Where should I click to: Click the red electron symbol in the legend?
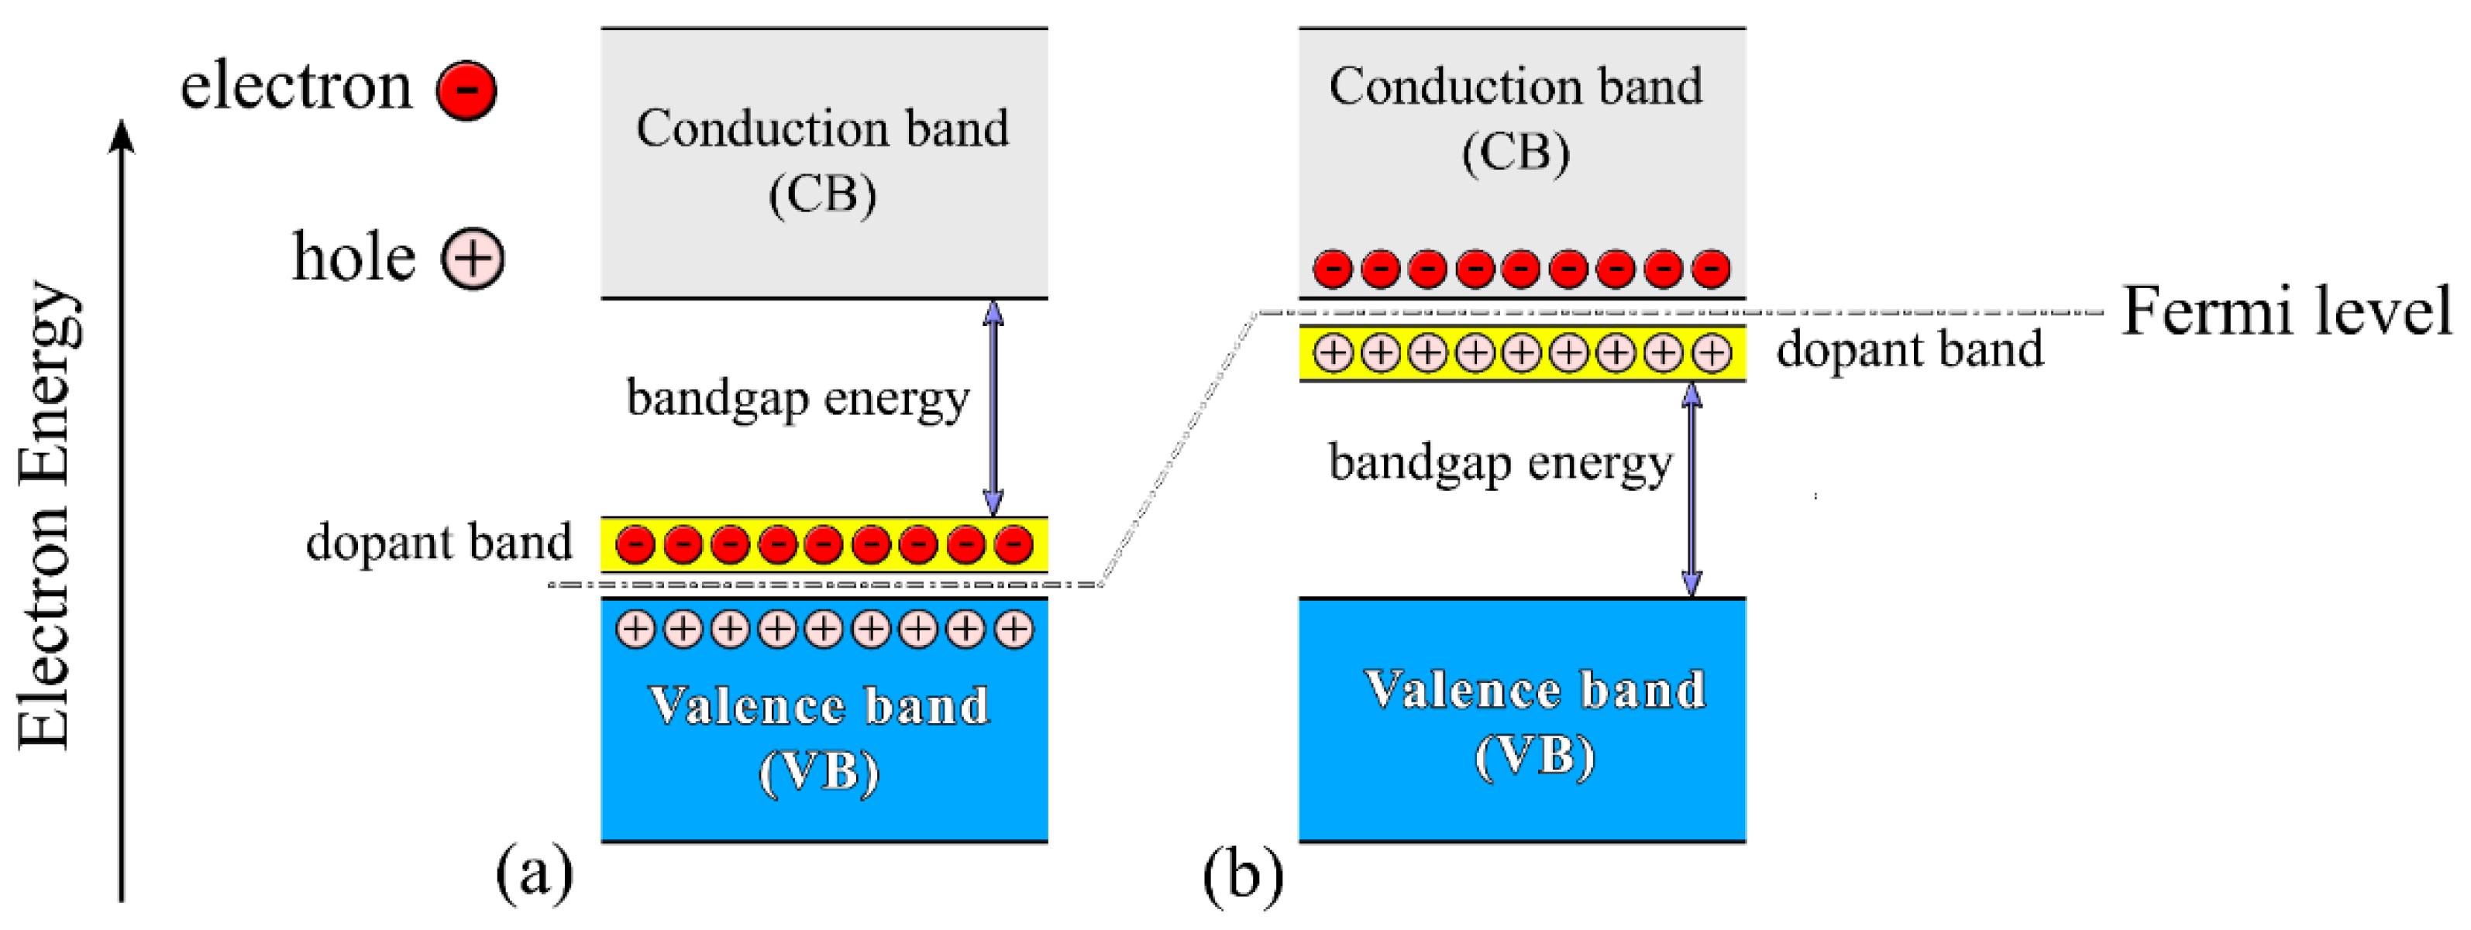click(x=466, y=90)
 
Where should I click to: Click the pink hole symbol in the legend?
click(x=472, y=258)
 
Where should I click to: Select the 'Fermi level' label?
click(x=2286, y=311)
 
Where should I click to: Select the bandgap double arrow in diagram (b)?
click(x=1692, y=489)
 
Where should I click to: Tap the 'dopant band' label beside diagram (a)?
click(x=439, y=543)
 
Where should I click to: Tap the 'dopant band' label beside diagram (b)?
click(x=1909, y=349)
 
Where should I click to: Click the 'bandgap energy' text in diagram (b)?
click(x=1500, y=463)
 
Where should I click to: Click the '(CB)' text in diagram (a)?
click(x=822, y=194)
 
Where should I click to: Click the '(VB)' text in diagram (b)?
click(x=1534, y=757)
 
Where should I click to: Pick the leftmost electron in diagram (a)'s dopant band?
click(x=635, y=544)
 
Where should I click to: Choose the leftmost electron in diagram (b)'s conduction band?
click(x=1333, y=269)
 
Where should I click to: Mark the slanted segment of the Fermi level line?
click(x=1179, y=448)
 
